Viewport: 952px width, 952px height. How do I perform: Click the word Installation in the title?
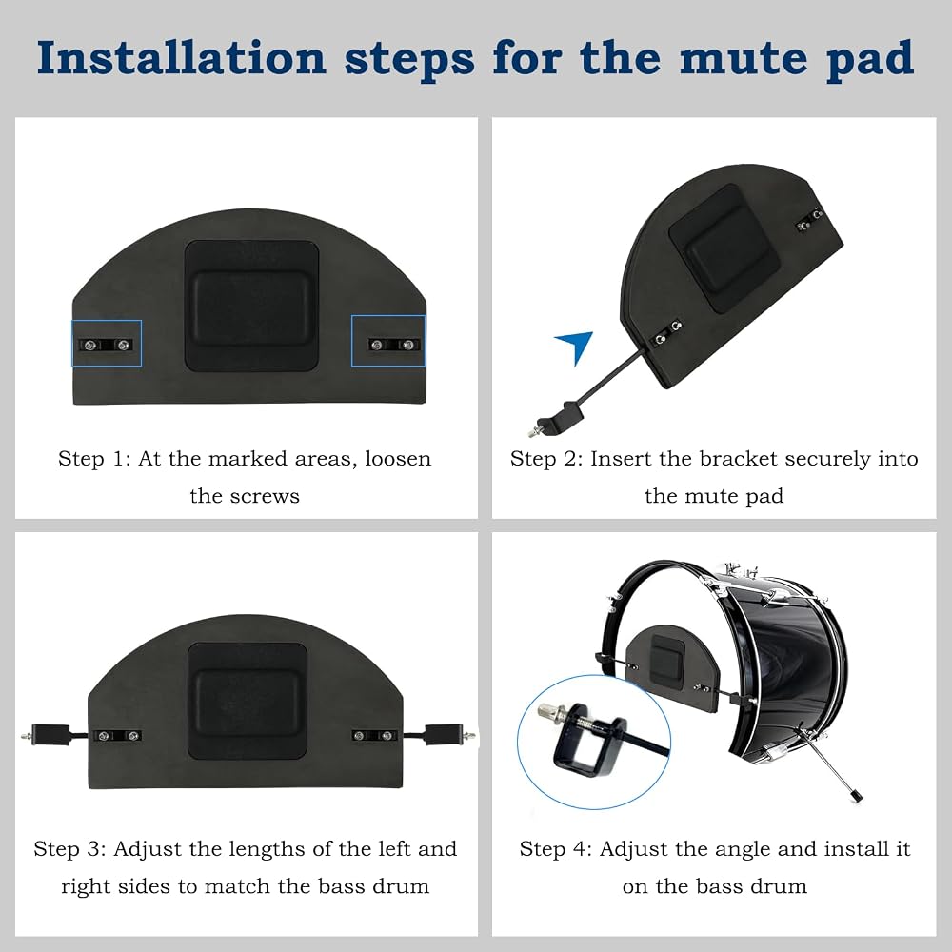pyautogui.click(x=182, y=58)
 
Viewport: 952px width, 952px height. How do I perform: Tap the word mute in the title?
pyautogui.click(x=744, y=59)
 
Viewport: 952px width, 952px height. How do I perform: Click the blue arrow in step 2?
pyautogui.click(x=575, y=347)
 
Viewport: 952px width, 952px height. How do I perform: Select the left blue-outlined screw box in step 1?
pyautogui.click(x=107, y=344)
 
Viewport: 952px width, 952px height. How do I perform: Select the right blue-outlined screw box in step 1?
pyautogui.click(x=388, y=341)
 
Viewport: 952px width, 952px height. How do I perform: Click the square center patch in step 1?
pyautogui.click(x=251, y=306)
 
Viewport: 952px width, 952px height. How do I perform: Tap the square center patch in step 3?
pyautogui.click(x=248, y=701)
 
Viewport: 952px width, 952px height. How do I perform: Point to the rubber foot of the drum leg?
pyautogui.click(x=857, y=795)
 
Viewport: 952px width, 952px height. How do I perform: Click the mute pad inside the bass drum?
pyautogui.click(x=671, y=667)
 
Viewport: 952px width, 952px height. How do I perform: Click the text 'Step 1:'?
pyautogui.click(x=94, y=459)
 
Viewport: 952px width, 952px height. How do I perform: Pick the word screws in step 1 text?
pyautogui.click(x=271, y=497)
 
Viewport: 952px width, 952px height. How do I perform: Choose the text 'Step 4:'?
pyautogui.click(x=556, y=849)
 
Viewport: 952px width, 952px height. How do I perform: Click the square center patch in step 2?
pyautogui.click(x=724, y=248)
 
